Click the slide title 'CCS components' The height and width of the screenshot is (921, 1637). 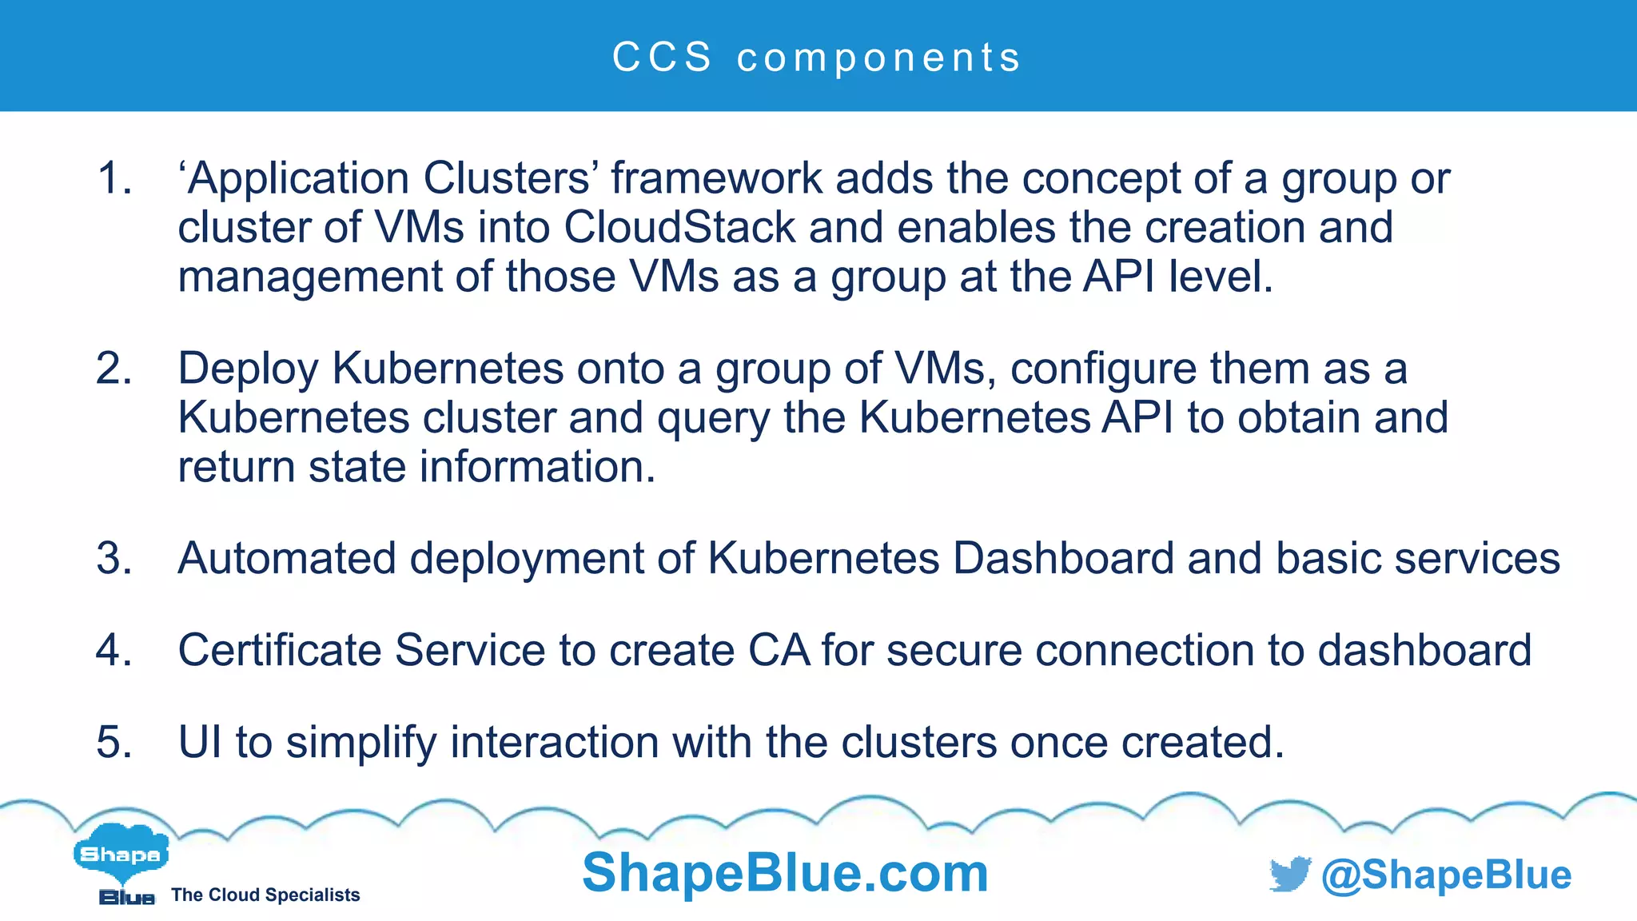tap(817, 58)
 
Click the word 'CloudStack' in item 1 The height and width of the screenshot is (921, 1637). tap(679, 227)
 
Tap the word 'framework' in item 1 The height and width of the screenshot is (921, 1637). tap(717, 177)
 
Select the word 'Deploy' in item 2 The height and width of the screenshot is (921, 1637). tap(248, 370)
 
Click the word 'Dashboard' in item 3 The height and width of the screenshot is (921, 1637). tap(1064, 558)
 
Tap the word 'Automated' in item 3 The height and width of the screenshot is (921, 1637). tap(287, 558)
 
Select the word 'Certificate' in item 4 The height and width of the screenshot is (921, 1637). tap(279, 650)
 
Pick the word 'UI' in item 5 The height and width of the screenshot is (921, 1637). tap(200, 742)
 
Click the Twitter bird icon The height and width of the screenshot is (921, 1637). tap(1289, 874)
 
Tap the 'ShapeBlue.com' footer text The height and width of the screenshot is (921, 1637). tap(785, 872)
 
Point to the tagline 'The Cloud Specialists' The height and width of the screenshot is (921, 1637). tap(265, 895)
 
